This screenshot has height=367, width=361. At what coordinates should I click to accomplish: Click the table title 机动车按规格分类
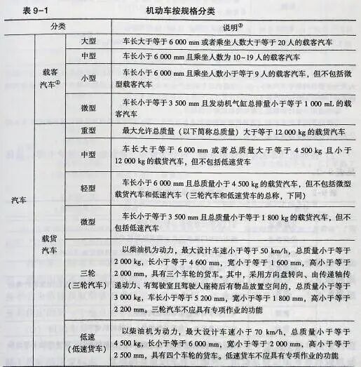(181, 11)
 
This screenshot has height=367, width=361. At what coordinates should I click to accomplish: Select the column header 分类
(57, 27)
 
